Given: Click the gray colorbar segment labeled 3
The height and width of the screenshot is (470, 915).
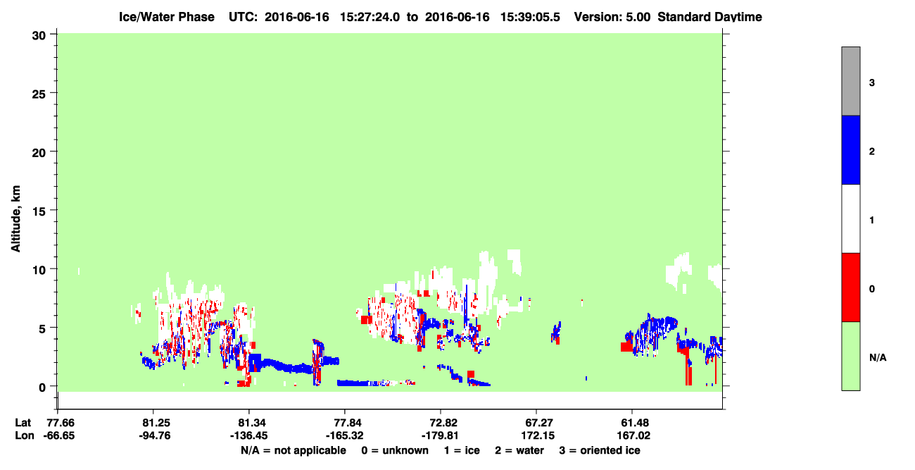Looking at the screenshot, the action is (x=850, y=81).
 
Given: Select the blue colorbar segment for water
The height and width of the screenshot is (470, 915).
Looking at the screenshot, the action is (x=850, y=149).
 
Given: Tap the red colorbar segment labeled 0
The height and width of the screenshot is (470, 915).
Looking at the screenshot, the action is (x=850, y=287).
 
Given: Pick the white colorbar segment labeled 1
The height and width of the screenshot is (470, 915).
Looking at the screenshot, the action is (x=850, y=218).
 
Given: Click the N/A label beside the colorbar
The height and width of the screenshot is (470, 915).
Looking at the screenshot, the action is (x=878, y=358).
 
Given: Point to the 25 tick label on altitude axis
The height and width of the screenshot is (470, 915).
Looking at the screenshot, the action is (x=39, y=94).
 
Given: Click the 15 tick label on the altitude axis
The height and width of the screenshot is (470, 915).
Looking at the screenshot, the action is (x=39, y=211).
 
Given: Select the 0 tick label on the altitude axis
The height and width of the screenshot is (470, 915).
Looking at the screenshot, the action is (x=42, y=388).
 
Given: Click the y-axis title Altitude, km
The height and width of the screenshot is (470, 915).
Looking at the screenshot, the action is (x=15, y=219).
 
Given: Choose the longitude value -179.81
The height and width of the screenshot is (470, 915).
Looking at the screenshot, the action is (x=440, y=435).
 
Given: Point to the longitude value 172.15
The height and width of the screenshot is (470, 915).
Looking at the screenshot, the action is (x=538, y=435).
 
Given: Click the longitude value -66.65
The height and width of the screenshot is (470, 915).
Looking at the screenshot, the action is (x=59, y=435).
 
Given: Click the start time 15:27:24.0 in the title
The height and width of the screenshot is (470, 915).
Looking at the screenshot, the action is (x=370, y=17).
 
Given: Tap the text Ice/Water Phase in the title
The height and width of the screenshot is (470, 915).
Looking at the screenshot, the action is (x=167, y=17).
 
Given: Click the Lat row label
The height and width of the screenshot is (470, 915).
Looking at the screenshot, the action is (x=23, y=423).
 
